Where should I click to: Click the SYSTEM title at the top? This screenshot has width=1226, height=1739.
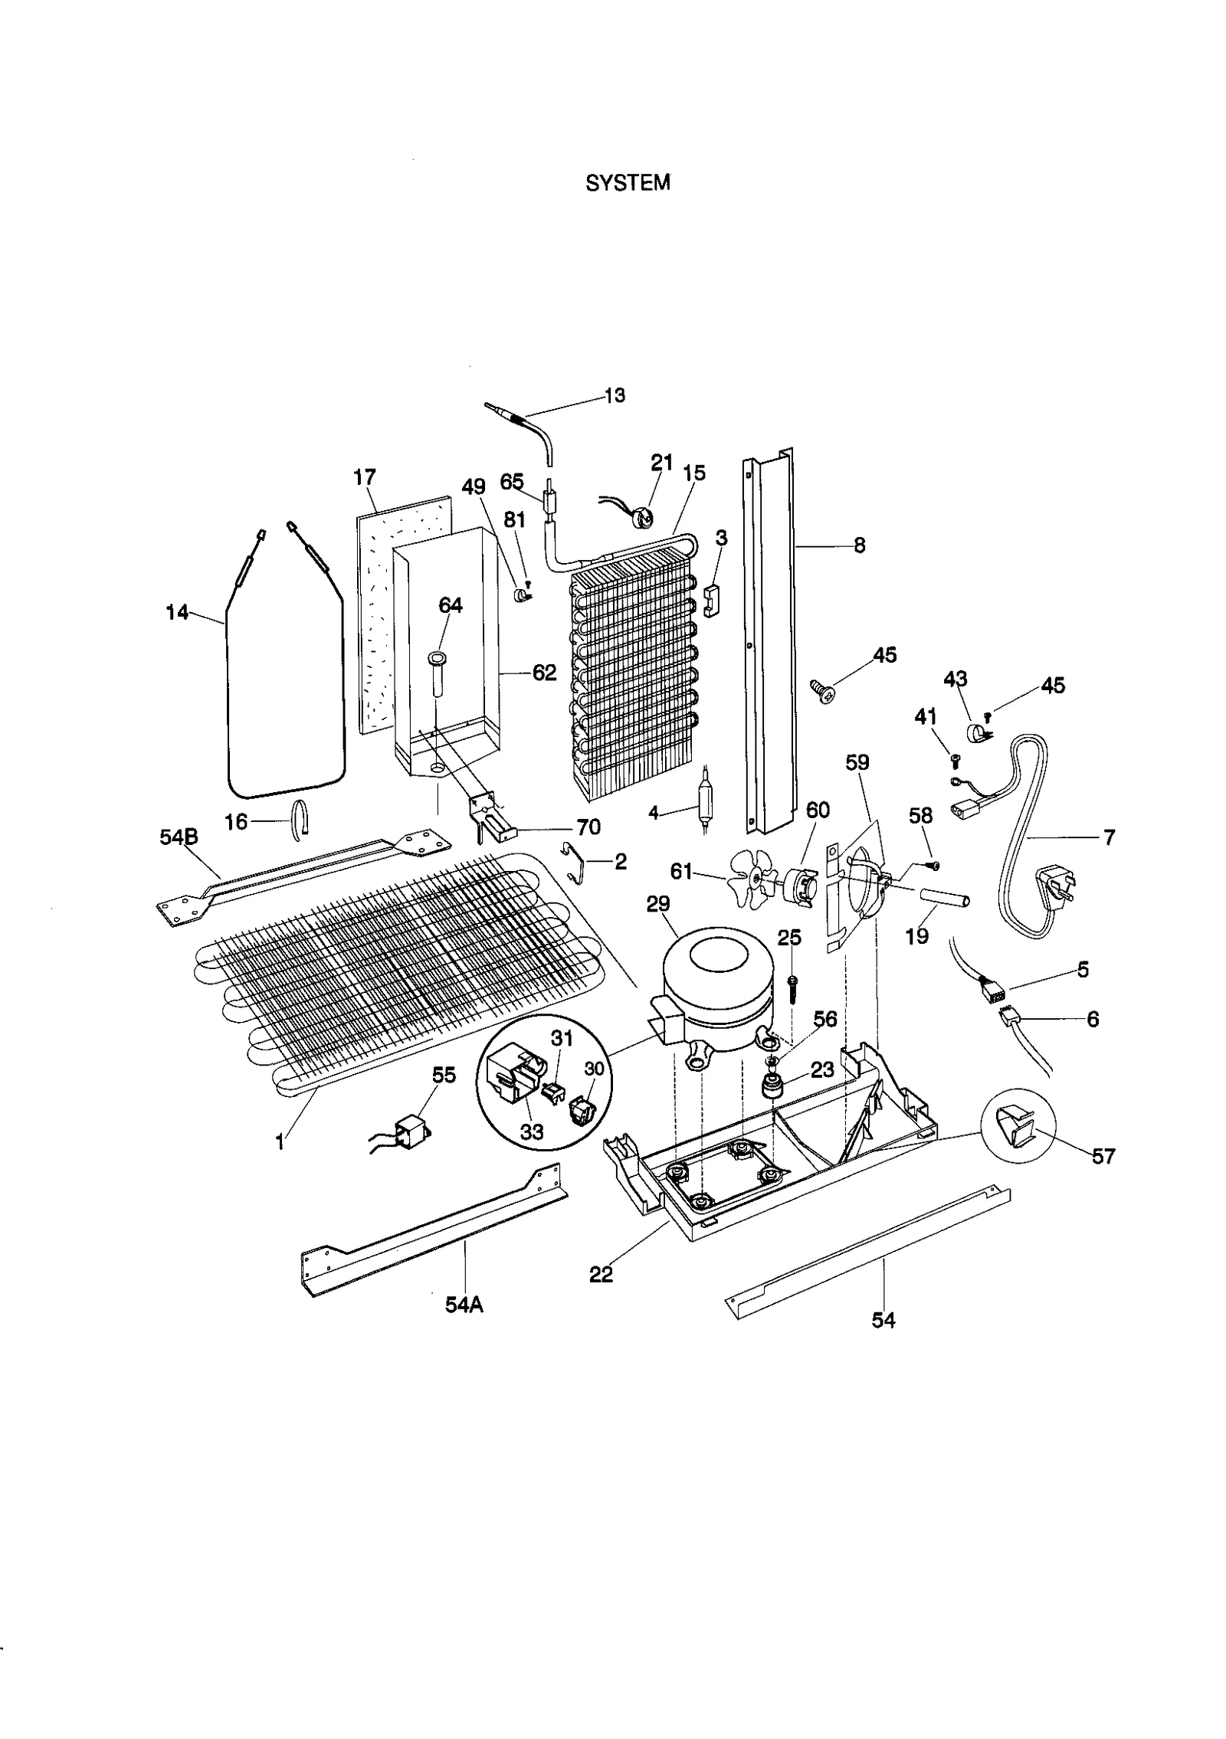(627, 183)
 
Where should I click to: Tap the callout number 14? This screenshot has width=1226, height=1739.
(177, 612)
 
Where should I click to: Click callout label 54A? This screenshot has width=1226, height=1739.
(464, 1305)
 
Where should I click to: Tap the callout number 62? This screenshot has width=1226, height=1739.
(544, 673)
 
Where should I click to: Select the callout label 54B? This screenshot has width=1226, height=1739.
(179, 837)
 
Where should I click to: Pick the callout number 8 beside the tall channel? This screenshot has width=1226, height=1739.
(859, 545)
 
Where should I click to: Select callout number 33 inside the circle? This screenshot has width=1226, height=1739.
(531, 1131)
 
